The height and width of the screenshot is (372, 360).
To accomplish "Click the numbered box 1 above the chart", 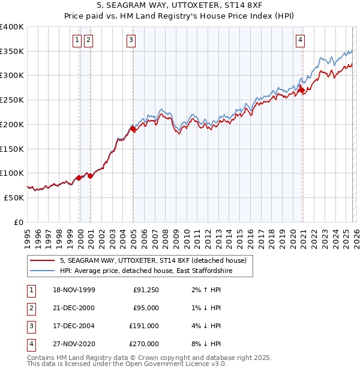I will tap(77, 40).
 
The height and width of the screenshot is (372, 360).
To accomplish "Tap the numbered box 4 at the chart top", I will tap(300, 40).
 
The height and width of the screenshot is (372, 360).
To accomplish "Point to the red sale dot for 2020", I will tap(302, 91).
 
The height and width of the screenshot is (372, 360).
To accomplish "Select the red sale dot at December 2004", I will tap(133, 128).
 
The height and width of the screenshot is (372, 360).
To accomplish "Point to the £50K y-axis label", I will tap(14, 197).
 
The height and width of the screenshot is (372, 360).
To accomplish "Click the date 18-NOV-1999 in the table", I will tap(74, 290).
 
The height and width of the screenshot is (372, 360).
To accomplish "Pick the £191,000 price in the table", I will tap(144, 326).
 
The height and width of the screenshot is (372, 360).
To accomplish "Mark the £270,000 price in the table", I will tap(144, 344).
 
